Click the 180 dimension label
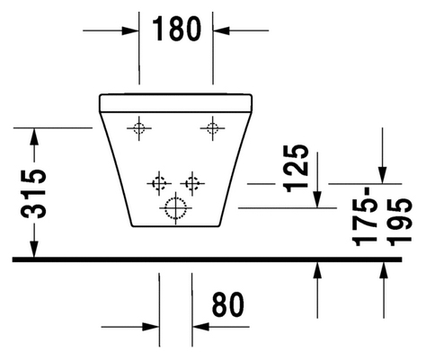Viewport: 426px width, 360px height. point(177,29)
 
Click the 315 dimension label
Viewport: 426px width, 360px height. point(33,194)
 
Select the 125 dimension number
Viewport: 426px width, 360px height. point(297,168)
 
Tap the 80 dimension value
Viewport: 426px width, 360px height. point(228,304)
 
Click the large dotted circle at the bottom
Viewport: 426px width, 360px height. point(175,207)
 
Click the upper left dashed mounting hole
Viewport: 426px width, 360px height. point(138,128)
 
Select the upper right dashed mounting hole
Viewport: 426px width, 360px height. point(212,128)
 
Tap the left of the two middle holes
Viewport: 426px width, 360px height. point(159,183)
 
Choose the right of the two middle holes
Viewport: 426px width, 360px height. point(192,183)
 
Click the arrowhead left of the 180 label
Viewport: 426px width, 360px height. point(130,31)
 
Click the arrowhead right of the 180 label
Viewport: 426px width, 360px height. point(221,31)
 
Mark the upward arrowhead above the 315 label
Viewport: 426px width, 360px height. point(34,136)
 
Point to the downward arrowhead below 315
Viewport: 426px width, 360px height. point(34,248)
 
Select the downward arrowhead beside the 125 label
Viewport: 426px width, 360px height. point(317,199)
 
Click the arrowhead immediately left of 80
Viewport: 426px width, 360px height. point(200,327)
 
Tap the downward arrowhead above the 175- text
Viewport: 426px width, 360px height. point(382,175)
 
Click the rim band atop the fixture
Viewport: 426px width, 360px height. point(176,103)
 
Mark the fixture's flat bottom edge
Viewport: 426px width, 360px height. point(175,226)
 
